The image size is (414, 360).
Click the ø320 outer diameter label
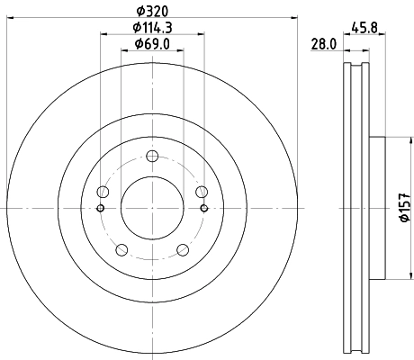pos(152,11)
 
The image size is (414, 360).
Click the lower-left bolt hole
pos(122,250)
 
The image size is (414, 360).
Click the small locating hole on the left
pos(100,210)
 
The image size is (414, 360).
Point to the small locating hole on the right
pos(205,210)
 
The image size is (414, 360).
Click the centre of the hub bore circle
pos(152,209)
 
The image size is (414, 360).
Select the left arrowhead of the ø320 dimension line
pos(10,19)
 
